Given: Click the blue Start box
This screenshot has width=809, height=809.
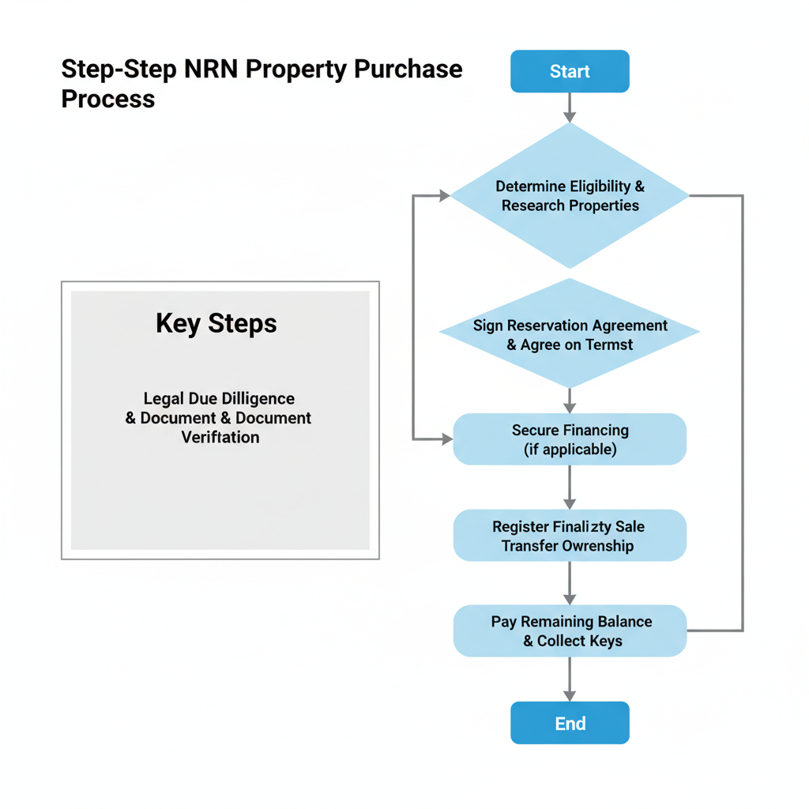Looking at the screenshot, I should pos(570,71).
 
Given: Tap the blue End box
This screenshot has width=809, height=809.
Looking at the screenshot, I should pos(570,723).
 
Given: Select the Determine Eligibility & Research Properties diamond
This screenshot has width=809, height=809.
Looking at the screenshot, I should pos(570,196).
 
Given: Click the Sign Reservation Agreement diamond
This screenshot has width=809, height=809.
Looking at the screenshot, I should pos(570,334).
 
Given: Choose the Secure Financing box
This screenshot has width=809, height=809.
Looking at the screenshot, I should pos(570,439).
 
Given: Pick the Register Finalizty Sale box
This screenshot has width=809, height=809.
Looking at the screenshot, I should pos(570,536).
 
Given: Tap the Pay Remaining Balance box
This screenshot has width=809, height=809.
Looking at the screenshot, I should pos(570,630).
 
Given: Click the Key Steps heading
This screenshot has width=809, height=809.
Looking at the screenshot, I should pos(216,323).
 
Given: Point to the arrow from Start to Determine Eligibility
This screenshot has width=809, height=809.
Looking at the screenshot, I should pos(570,107).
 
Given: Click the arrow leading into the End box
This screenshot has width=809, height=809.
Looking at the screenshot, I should pos(570,680).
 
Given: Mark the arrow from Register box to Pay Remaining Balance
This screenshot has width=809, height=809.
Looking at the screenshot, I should pos(570,584).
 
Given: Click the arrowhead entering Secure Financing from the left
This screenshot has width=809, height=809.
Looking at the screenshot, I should pos(444,438).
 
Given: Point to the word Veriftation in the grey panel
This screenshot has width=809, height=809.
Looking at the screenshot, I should pos(220,437).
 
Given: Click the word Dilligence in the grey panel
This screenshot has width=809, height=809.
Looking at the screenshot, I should pos(256,398).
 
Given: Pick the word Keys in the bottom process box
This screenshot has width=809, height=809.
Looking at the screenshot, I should pos(604,641).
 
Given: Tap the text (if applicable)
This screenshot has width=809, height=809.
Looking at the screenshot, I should pos(570,450).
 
